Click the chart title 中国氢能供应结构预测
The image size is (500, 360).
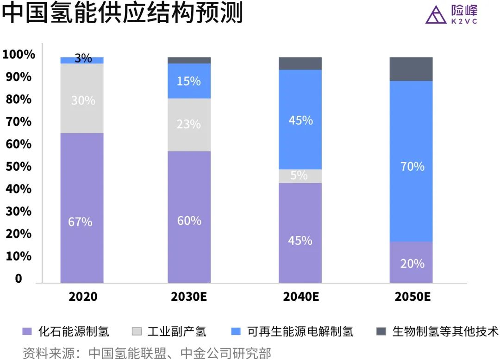pos(122,14)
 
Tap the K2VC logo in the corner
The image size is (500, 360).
pos(451,14)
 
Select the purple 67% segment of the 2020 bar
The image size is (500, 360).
pos(82,208)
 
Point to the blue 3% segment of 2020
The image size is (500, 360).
pos(82,60)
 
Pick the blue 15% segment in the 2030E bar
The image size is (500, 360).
pos(189,81)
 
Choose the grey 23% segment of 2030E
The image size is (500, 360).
pos(189,124)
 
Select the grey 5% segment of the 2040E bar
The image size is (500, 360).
pos(300,176)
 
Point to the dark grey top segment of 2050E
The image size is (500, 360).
pos(411,69)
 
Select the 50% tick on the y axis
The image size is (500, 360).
pos(19,166)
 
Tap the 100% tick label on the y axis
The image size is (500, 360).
pos(19,55)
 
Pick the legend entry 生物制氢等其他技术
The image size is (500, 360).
pos(437,331)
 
